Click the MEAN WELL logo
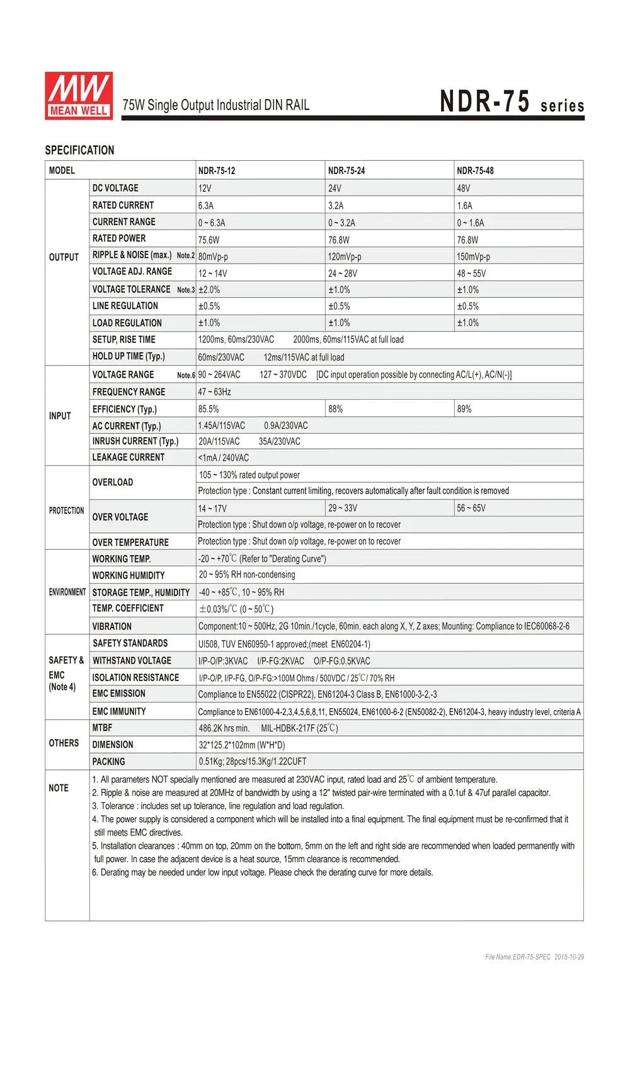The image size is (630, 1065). [x=79, y=95]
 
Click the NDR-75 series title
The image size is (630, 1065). [x=512, y=102]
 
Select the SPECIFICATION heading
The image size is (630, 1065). [x=79, y=150]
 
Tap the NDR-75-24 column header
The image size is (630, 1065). [x=346, y=171]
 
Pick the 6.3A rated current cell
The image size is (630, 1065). [x=206, y=206]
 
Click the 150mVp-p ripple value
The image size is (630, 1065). [x=473, y=257]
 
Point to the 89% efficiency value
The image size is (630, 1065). [x=464, y=409]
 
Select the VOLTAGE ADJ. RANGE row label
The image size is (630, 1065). [x=132, y=272]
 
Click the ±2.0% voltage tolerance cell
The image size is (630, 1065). [x=209, y=290]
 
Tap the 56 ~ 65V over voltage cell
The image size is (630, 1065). [x=471, y=508]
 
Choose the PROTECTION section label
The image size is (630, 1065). [x=66, y=511]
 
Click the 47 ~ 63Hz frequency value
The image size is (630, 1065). [x=215, y=392]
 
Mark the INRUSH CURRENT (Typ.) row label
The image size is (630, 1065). [x=135, y=441]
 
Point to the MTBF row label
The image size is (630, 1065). [x=102, y=728]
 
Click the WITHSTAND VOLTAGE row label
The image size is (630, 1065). [x=132, y=661]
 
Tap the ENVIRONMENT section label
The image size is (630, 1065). [x=67, y=592]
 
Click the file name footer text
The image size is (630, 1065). [x=534, y=957]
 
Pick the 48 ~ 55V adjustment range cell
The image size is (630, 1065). [x=471, y=274]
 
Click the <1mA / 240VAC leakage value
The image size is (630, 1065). [x=224, y=458]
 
